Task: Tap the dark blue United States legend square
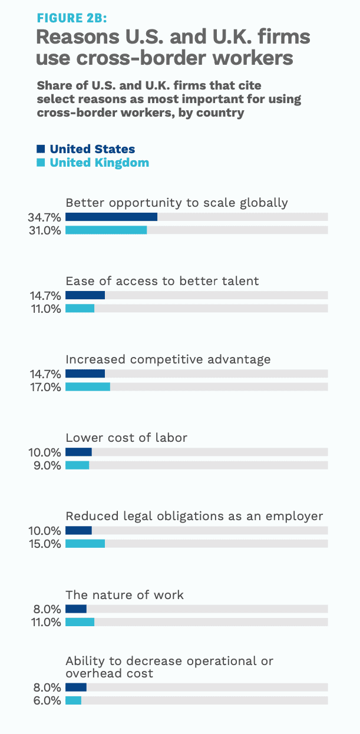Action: tap(41, 149)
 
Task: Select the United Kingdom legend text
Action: tap(99, 163)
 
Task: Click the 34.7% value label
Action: tap(44, 217)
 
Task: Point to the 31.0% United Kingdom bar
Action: tap(106, 230)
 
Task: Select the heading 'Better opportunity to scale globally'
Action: tap(177, 203)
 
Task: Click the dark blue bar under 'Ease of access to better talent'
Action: tap(85, 295)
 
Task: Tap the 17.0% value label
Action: tap(44, 387)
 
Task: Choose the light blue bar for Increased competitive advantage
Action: tap(88, 387)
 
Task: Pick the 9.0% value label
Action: tap(47, 465)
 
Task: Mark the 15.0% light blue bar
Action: tap(85, 544)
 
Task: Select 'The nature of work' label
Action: tap(125, 595)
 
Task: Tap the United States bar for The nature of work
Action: tap(76, 609)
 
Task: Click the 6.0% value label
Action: tap(47, 700)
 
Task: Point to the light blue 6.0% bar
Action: tap(73, 700)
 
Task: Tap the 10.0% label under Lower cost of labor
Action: tap(44, 452)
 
